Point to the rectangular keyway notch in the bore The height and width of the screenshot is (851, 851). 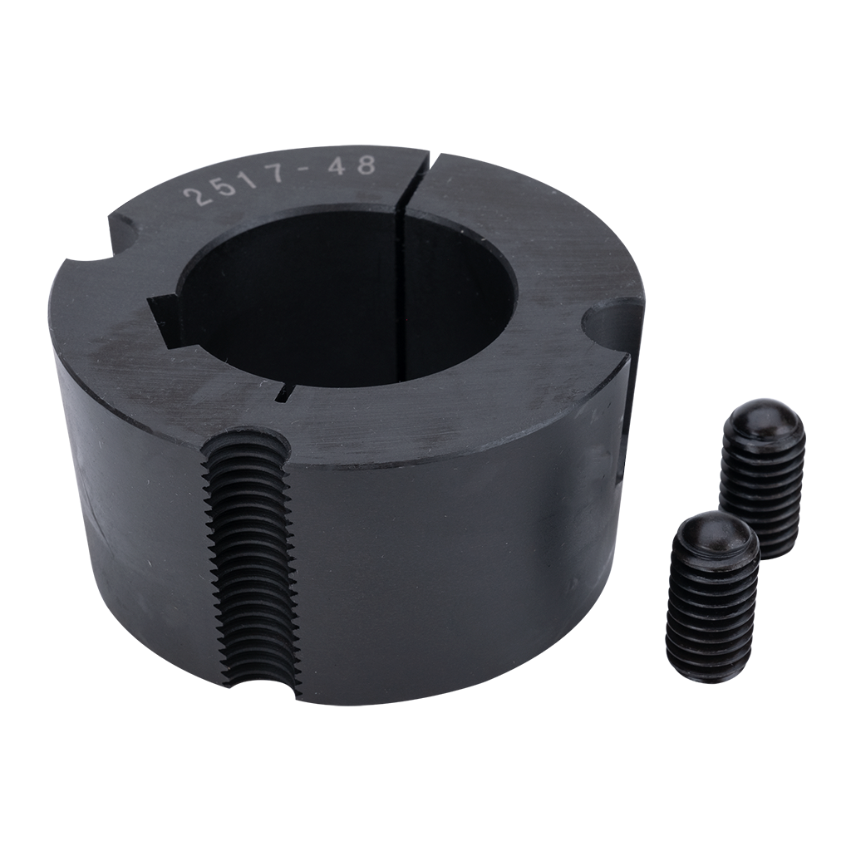[165, 319]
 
